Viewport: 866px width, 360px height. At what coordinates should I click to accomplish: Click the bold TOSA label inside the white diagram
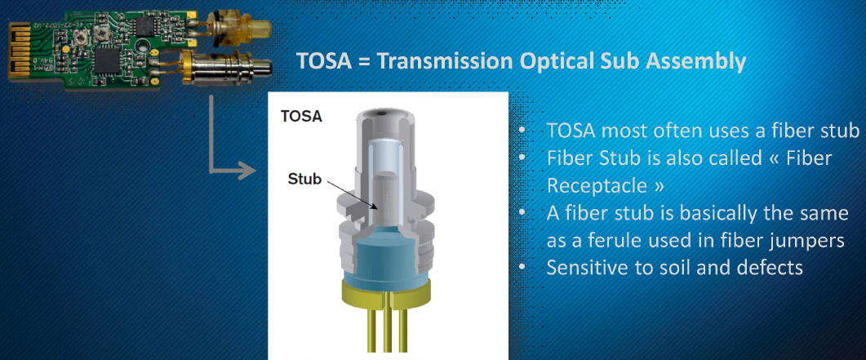coord(301,117)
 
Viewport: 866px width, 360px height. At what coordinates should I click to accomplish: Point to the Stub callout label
coord(304,180)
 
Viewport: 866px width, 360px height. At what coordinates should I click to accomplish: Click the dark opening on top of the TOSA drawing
coord(384,113)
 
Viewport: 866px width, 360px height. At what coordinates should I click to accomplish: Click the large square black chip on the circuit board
coord(108,58)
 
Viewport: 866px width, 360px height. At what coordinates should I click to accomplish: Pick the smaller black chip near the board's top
coord(146,24)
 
